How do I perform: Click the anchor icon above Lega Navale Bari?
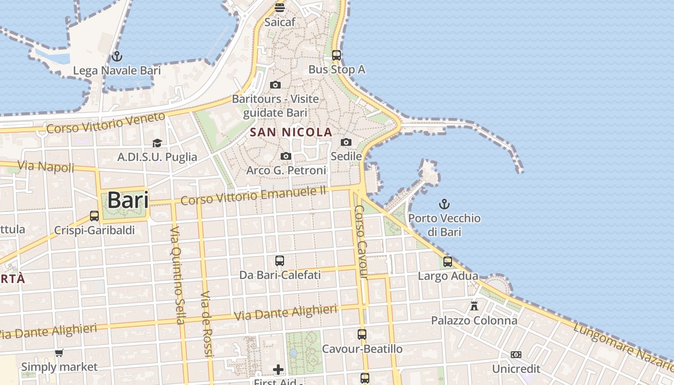[x=117, y=56]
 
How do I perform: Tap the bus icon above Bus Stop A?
[x=337, y=55]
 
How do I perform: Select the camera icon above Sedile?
[x=346, y=142]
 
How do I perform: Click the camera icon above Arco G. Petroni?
[x=286, y=156]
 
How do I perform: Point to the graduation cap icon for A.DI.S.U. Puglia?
[x=157, y=143]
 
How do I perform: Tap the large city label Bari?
[x=128, y=200]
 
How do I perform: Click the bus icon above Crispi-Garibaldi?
[x=94, y=216]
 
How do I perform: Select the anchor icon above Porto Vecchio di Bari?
[x=444, y=204]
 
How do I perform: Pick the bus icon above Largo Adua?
[x=448, y=262]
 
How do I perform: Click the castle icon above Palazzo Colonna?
[x=474, y=306]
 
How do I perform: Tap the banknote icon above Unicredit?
[x=516, y=355]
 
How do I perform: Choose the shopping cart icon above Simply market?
[x=59, y=353]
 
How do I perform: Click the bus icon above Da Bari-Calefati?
[x=280, y=261]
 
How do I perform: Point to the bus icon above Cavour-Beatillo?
[x=362, y=334]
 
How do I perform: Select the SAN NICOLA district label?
[x=292, y=132]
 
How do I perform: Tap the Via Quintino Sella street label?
[x=178, y=275]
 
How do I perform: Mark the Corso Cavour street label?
[x=361, y=242]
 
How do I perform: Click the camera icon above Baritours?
[x=275, y=85]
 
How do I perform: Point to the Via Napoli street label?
[x=46, y=167]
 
